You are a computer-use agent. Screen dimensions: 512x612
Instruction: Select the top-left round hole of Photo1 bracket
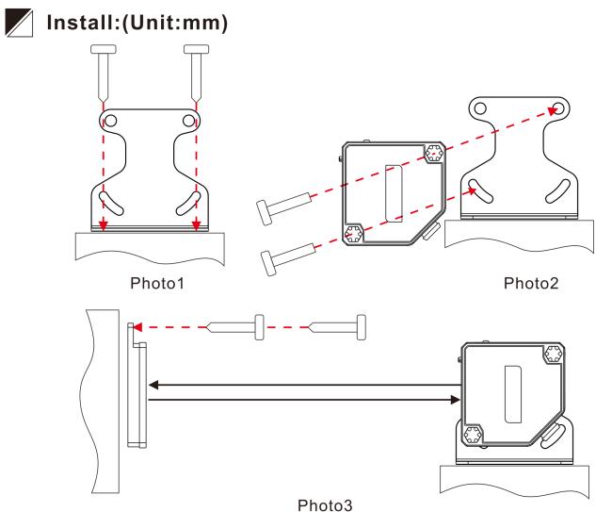click(110, 121)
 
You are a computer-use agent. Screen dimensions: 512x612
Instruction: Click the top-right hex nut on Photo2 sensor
click(435, 153)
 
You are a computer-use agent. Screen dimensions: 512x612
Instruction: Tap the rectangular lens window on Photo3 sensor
click(513, 387)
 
